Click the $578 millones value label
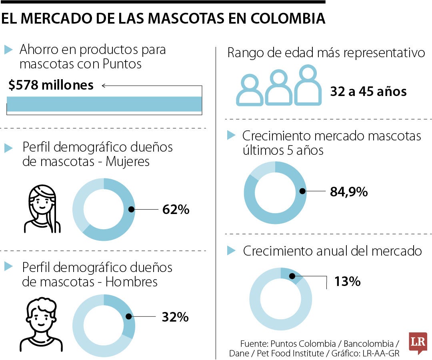point(50,85)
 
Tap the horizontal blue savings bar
point(104,104)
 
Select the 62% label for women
point(176,210)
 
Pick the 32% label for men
point(175,317)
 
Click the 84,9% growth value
point(348,192)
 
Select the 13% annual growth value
point(347,282)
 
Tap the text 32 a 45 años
point(368,92)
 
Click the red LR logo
point(418,342)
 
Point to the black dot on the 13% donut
point(292,276)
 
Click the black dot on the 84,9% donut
point(302,192)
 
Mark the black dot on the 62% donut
point(131,209)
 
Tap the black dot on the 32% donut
point(128,316)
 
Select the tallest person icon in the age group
point(308,85)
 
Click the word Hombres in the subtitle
point(132,282)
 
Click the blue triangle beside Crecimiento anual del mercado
point(231,251)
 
